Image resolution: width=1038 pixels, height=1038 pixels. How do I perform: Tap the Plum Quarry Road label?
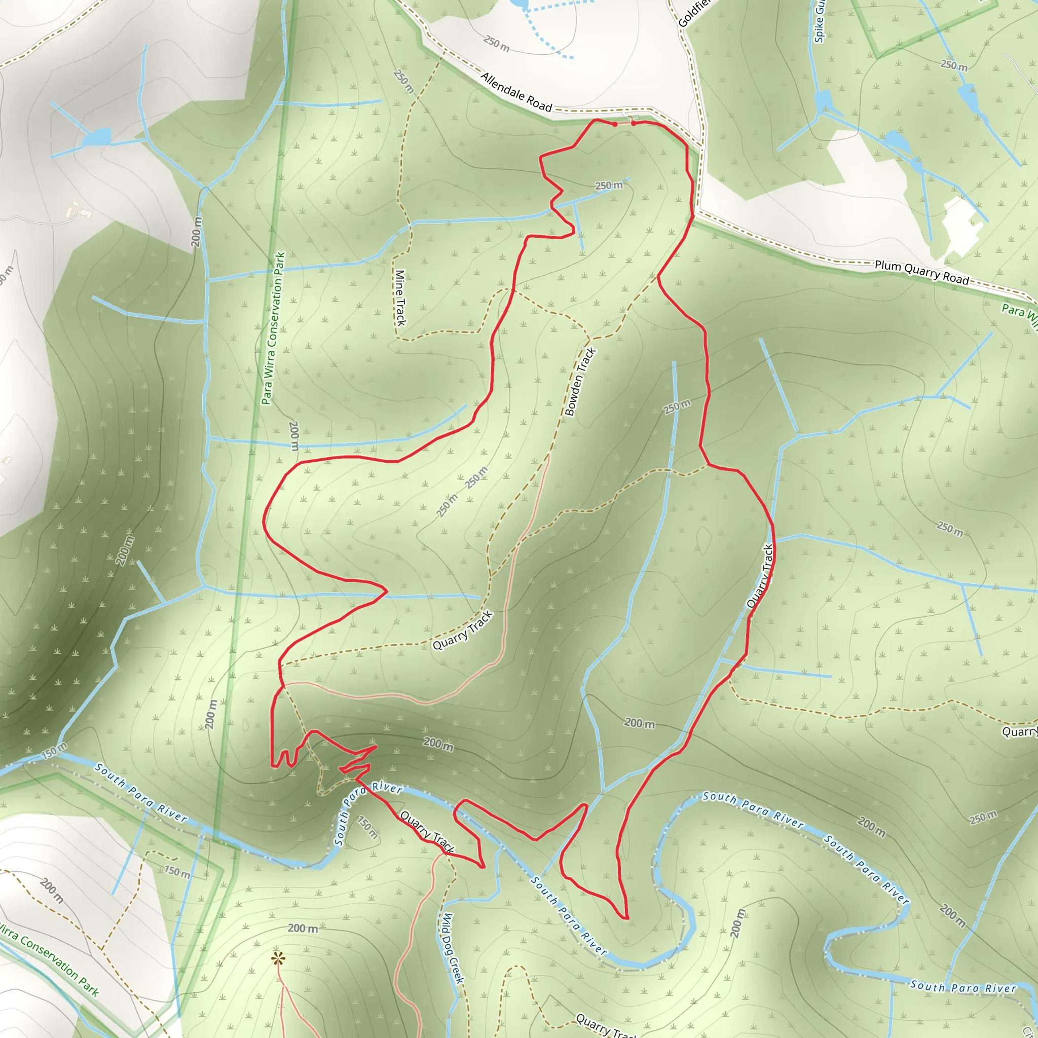[921, 272]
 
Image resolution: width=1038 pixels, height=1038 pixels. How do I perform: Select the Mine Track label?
[400, 297]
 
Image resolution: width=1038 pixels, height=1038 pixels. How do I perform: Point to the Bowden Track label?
[580, 382]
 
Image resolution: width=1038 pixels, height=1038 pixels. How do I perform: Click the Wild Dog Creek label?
[451, 948]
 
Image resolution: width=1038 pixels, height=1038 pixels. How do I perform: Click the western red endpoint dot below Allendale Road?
[615, 125]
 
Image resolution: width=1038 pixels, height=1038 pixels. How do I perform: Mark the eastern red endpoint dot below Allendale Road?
[634, 123]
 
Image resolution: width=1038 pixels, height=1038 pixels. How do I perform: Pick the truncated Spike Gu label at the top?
[819, 21]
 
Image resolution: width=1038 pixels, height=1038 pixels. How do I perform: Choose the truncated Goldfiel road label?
[693, 14]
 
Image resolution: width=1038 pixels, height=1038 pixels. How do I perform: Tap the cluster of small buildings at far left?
[81, 211]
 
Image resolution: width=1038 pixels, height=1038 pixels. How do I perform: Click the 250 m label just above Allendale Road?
[496, 44]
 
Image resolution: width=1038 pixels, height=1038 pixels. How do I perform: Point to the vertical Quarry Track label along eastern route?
[760, 576]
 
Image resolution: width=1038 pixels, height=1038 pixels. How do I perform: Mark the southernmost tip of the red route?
[625, 918]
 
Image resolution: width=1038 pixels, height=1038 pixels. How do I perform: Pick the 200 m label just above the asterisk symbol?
[303, 928]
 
